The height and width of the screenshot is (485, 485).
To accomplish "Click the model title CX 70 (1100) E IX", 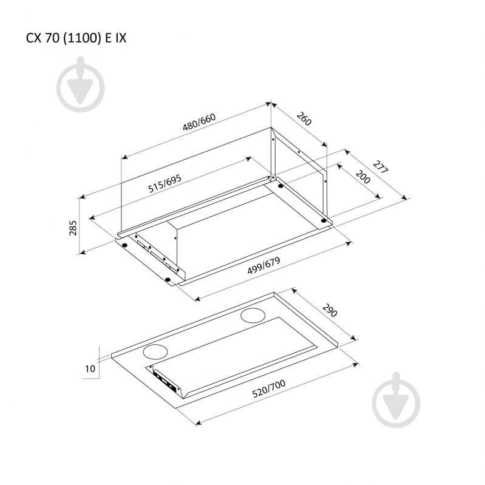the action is click(x=76, y=38).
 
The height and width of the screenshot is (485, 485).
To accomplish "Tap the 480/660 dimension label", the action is click(x=199, y=122).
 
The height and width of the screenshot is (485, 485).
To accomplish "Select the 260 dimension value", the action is click(x=304, y=118).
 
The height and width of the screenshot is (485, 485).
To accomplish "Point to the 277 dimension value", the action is click(x=380, y=167).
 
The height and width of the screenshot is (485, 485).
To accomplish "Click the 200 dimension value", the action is click(x=363, y=177).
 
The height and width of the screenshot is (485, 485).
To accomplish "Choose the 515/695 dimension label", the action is click(x=164, y=183).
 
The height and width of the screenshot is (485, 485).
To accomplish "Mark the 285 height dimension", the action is click(x=73, y=228).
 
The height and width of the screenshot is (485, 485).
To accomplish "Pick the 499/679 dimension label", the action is click(x=263, y=265).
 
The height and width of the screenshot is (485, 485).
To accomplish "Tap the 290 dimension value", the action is click(x=330, y=310).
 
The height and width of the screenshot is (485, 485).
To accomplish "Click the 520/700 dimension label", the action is click(x=268, y=388).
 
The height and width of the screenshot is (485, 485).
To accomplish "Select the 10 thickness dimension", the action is click(x=90, y=368).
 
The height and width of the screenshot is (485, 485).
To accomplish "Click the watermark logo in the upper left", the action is click(x=80, y=84).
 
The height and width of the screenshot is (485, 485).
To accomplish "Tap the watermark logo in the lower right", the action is click(x=396, y=400).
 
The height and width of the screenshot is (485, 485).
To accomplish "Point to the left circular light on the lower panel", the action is click(x=155, y=351).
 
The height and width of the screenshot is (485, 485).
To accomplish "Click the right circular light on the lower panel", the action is click(x=253, y=316).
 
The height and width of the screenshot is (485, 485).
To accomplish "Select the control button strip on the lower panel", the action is click(x=166, y=382).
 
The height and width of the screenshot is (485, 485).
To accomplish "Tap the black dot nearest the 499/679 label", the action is click(x=168, y=280).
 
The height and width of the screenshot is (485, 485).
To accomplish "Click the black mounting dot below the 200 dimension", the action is click(x=323, y=220).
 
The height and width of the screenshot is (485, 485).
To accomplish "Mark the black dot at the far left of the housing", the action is click(x=124, y=245).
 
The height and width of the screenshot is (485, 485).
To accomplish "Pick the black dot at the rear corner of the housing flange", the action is click(x=281, y=186).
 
